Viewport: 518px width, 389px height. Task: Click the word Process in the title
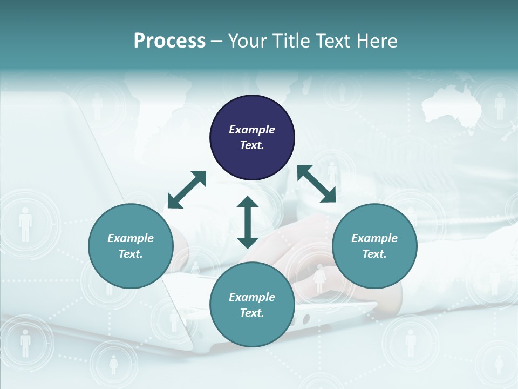point(169,41)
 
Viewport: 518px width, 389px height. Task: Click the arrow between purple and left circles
point(187,190)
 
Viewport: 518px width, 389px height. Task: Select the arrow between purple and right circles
point(316,184)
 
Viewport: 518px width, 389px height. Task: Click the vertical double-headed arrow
point(248,222)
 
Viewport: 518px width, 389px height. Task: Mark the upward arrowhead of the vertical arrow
point(248,202)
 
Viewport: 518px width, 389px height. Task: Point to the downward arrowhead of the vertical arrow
point(248,243)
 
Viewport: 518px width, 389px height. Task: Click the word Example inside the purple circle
point(252,130)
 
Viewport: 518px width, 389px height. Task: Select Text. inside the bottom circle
point(252,313)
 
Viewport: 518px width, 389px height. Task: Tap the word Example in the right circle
point(374,238)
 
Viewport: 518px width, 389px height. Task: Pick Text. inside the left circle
point(131,254)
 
